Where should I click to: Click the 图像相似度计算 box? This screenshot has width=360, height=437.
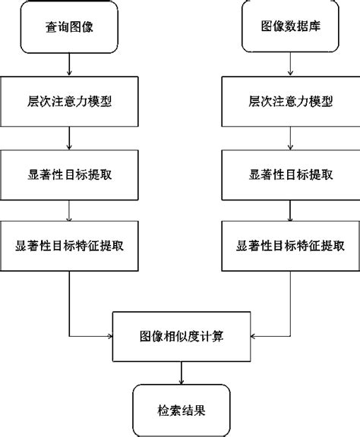tap(181, 335)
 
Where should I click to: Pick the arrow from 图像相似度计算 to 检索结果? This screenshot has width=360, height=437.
tap(181, 372)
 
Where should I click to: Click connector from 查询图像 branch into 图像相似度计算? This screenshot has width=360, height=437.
tap(70, 303)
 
